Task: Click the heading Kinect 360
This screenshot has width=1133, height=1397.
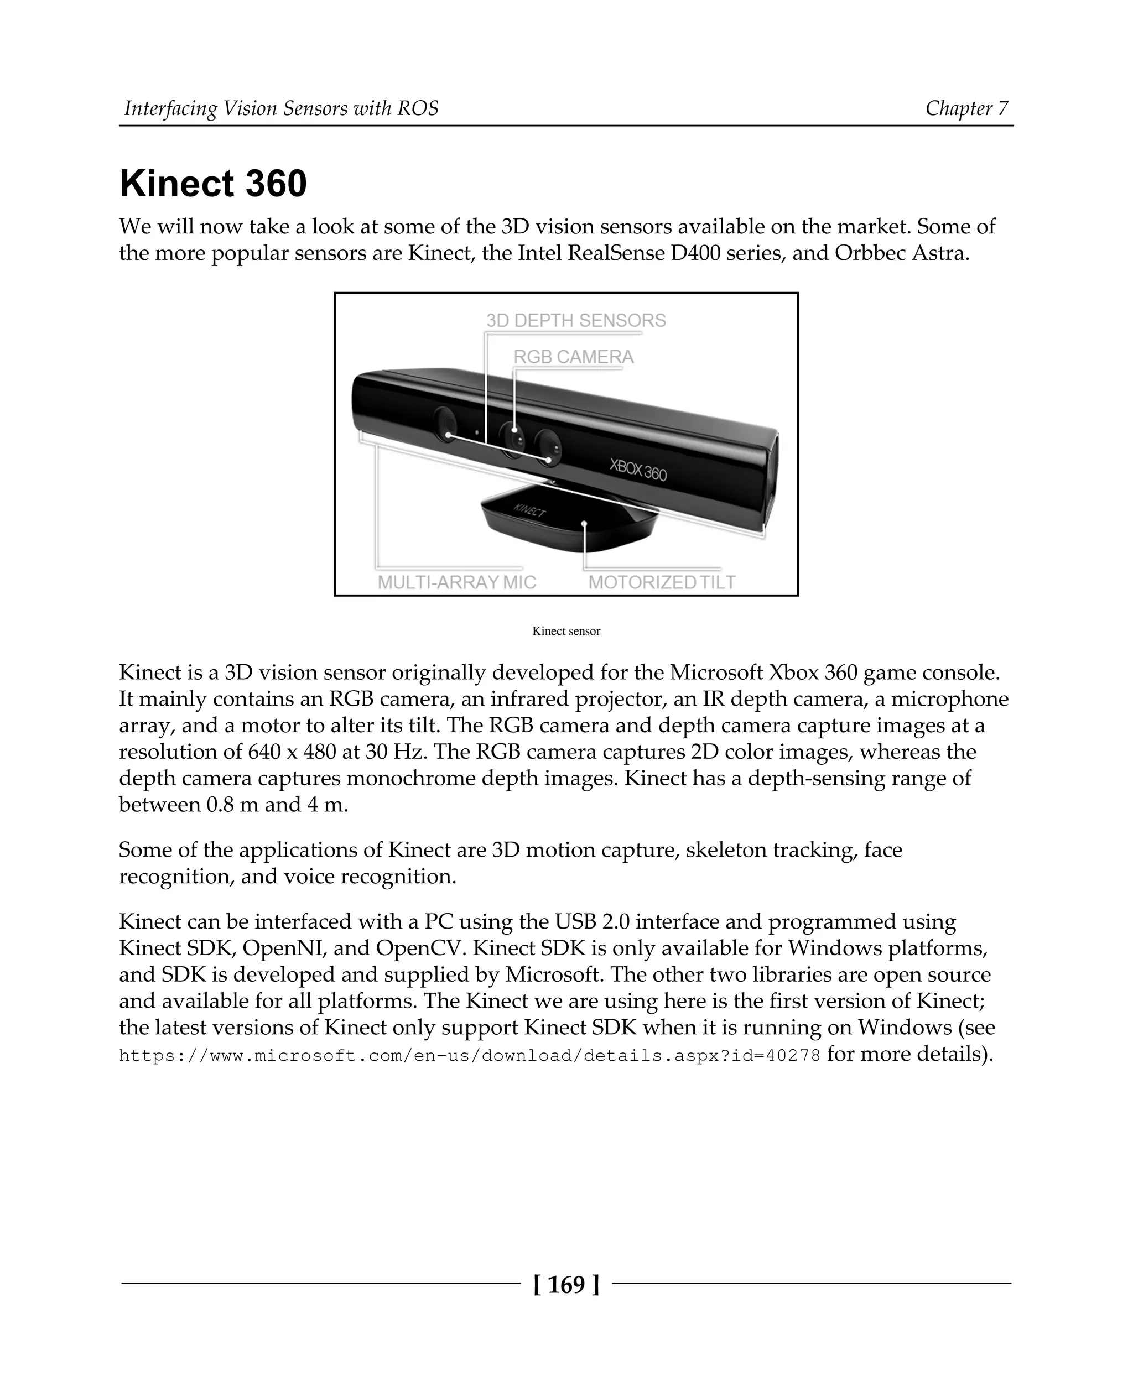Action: coord(213,184)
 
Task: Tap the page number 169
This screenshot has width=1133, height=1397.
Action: coord(566,1284)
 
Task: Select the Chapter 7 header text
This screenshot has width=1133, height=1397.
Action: coord(966,108)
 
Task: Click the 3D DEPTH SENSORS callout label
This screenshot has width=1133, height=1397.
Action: coord(576,320)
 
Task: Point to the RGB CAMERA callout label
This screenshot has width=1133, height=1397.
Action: coord(573,357)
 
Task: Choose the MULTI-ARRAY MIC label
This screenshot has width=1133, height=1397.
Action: coord(457,582)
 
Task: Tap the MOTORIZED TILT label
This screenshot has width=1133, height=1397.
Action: coord(662,582)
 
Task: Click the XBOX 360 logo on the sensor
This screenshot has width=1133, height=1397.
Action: coord(638,469)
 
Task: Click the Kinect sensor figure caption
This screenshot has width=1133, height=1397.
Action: coord(566,631)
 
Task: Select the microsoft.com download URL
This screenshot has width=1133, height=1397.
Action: coord(469,1056)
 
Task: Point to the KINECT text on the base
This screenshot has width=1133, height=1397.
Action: coord(529,510)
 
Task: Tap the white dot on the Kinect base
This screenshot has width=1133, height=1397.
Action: coord(585,523)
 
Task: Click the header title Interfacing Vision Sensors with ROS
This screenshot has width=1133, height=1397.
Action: coord(281,108)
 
